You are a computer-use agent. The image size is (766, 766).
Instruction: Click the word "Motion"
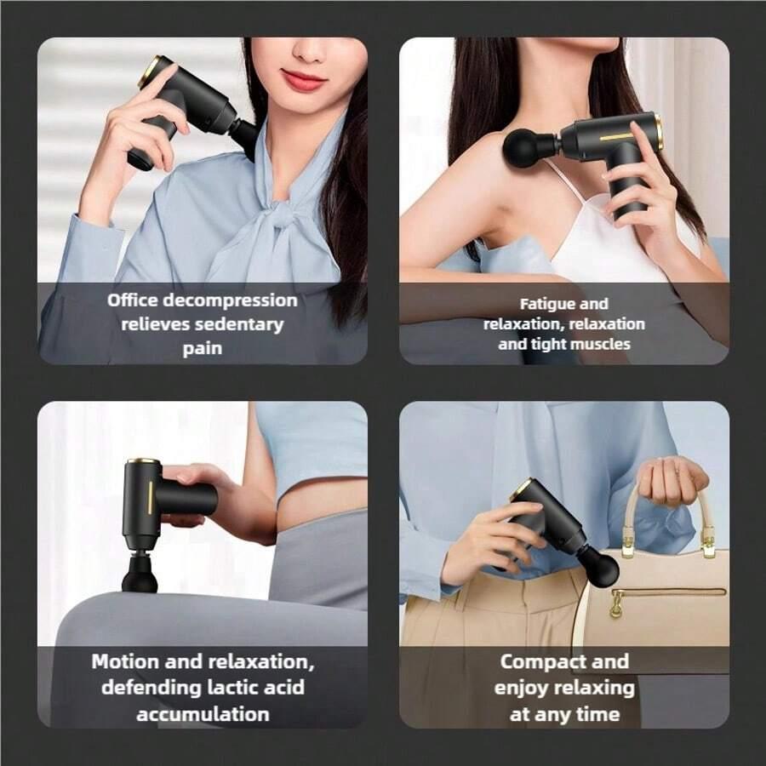point(126,661)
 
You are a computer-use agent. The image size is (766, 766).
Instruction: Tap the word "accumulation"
point(203,714)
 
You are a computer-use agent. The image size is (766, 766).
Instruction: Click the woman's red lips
point(304,79)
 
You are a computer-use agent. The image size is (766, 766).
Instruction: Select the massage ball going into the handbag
point(600,567)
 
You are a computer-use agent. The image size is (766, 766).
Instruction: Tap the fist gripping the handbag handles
point(672,483)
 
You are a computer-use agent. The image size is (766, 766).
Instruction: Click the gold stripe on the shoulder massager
point(616,137)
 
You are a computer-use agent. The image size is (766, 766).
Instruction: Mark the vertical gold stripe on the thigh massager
point(150,497)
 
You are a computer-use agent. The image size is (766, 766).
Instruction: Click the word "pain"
point(203,349)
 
